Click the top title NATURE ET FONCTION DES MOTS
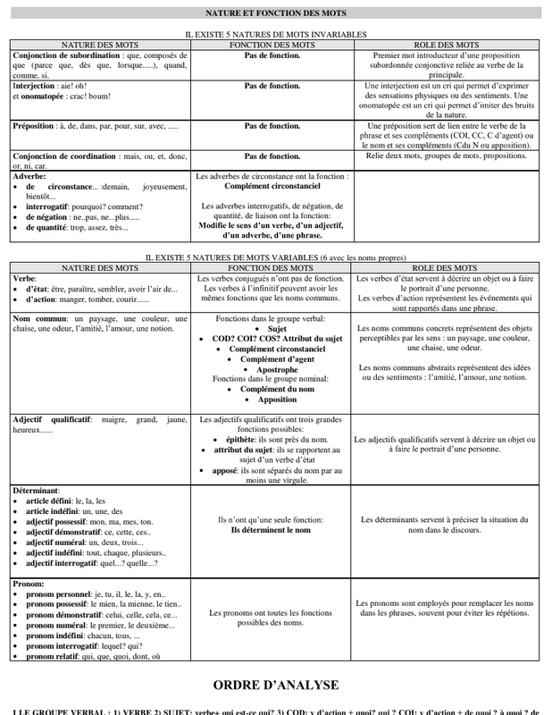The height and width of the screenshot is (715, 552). (275, 13)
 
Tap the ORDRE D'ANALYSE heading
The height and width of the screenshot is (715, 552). (275, 686)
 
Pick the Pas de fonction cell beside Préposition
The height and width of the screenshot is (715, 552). (272, 126)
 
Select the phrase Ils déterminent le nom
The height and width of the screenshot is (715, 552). (272, 529)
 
